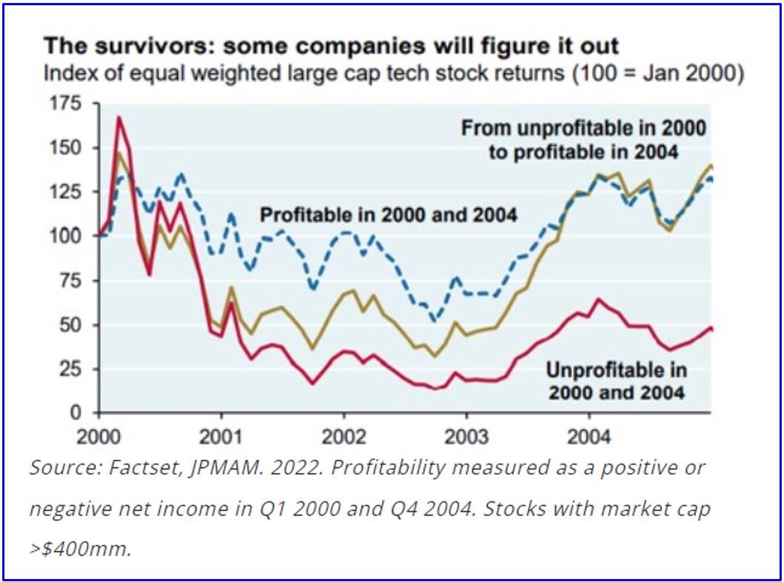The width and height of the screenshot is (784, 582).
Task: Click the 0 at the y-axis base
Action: pos(85,412)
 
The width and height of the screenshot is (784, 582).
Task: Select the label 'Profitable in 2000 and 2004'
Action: pos(388,215)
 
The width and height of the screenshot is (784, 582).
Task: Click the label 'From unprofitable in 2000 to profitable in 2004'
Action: pos(583,140)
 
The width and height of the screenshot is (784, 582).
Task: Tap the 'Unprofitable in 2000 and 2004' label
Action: pos(617,380)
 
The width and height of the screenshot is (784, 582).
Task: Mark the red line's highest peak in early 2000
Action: pos(118,117)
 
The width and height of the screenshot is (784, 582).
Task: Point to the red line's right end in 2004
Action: pos(711,328)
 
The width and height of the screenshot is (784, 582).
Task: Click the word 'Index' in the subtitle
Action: pos(64,74)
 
